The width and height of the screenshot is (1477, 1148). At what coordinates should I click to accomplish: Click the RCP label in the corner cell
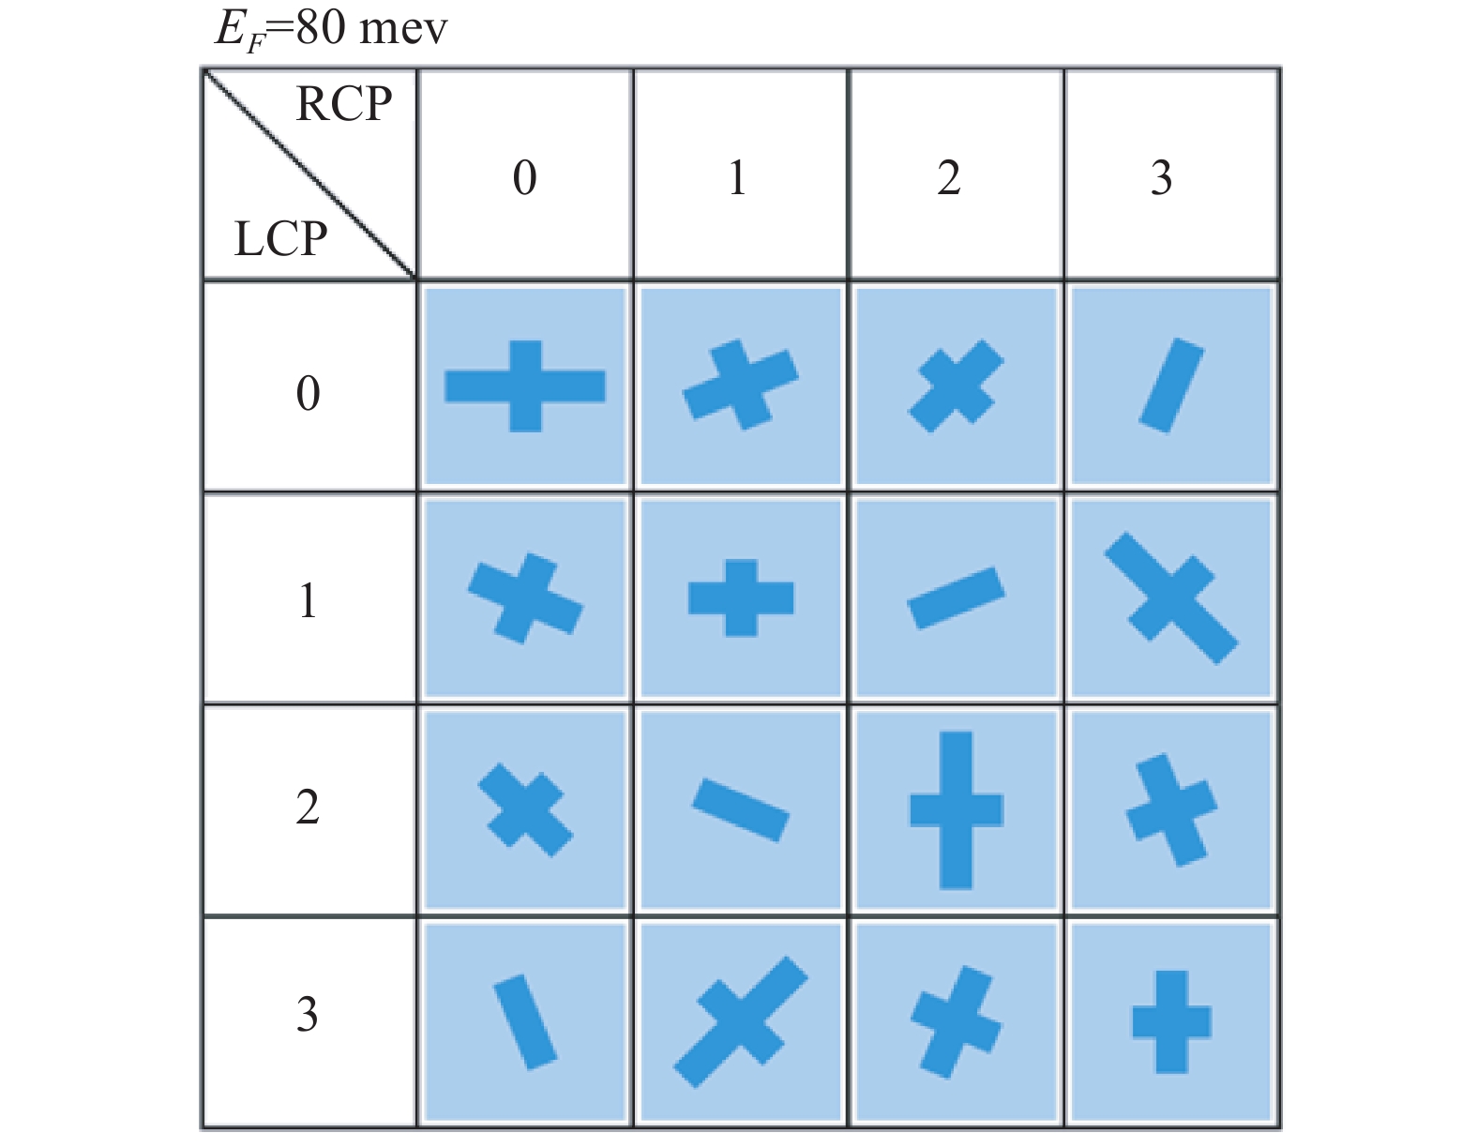pyautogui.click(x=344, y=104)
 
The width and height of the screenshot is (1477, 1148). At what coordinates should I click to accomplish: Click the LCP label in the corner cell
pyautogui.click(x=280, y=239)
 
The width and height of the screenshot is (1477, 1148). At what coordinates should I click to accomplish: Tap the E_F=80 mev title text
pyautogui.click(x=331, y=31)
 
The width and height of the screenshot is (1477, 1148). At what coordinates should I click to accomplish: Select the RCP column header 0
pyautogui.click(x=525, y=178)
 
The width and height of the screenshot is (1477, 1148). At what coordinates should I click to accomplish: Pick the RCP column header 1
pyautogui.click(x=738, y=178)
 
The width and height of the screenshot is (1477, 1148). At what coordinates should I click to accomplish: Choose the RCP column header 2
pyautogui.click(x=949, y=178)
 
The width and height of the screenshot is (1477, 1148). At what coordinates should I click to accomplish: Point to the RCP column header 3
pyautogui.click(x=1161, y=178)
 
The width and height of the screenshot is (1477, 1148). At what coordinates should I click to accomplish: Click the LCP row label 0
pyautogui.click(x=308, y=394)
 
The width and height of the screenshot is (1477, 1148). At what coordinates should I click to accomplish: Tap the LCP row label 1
pyautogui.click(x=308, y=601)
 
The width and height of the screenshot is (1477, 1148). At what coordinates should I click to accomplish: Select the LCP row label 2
pyautogui.click(x=308, y=808)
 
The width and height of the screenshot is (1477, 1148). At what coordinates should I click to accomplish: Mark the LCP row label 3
pyautogui.click(x=308, y=1015)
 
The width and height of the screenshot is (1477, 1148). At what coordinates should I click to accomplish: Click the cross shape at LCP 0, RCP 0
pyautogui.click(x=525, y=386)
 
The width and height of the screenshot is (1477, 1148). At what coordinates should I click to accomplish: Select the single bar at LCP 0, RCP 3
pyautogui.click(x=1171, y=385)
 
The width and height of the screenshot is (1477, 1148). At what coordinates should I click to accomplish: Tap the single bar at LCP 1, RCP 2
pyautogui.click(x=957, y=598)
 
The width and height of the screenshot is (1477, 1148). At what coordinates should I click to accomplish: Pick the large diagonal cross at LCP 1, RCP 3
pyautogui.click(x=1171, y=598)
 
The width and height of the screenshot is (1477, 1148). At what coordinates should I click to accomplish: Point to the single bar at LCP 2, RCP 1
pyautogui.click(x=741, y=810)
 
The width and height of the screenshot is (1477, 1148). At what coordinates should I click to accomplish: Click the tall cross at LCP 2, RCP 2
pyautogui.click(x=957, y=810)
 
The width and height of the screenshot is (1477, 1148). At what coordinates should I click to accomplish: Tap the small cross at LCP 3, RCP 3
pyautogui.click(x=1171, y=1022)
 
